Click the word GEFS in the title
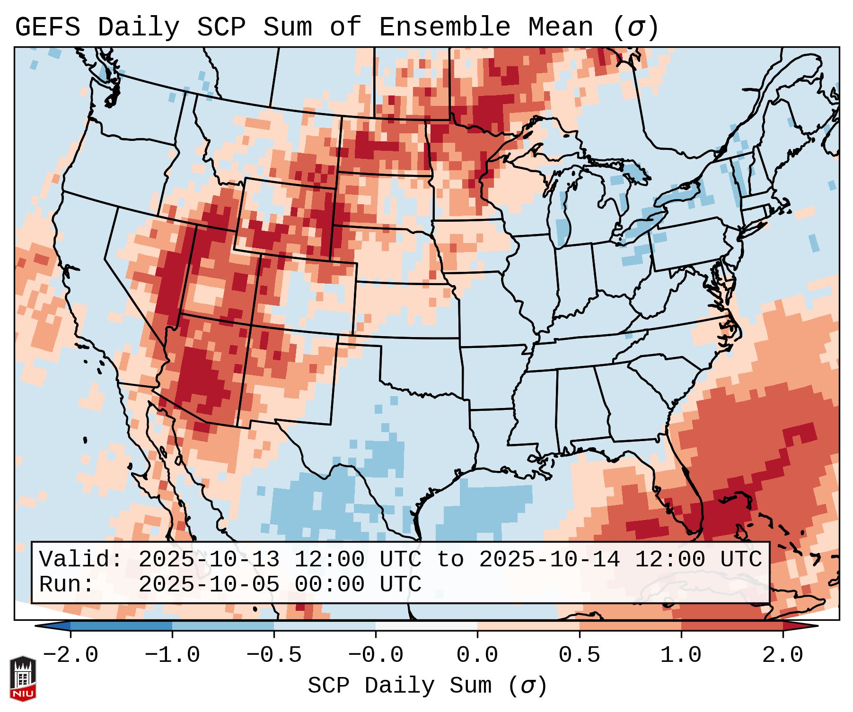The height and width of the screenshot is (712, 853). tap(47, 27)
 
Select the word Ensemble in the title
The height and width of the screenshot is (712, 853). tap(445, 27)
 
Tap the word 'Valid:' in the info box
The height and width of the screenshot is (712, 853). tap(80, 559)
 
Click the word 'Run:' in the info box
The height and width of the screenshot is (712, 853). tap(67, 584)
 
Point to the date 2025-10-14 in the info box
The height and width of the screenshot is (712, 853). tap(549, 559)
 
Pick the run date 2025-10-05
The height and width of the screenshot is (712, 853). tap(209, 584)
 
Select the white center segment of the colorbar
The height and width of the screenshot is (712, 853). tap(426, 626)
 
